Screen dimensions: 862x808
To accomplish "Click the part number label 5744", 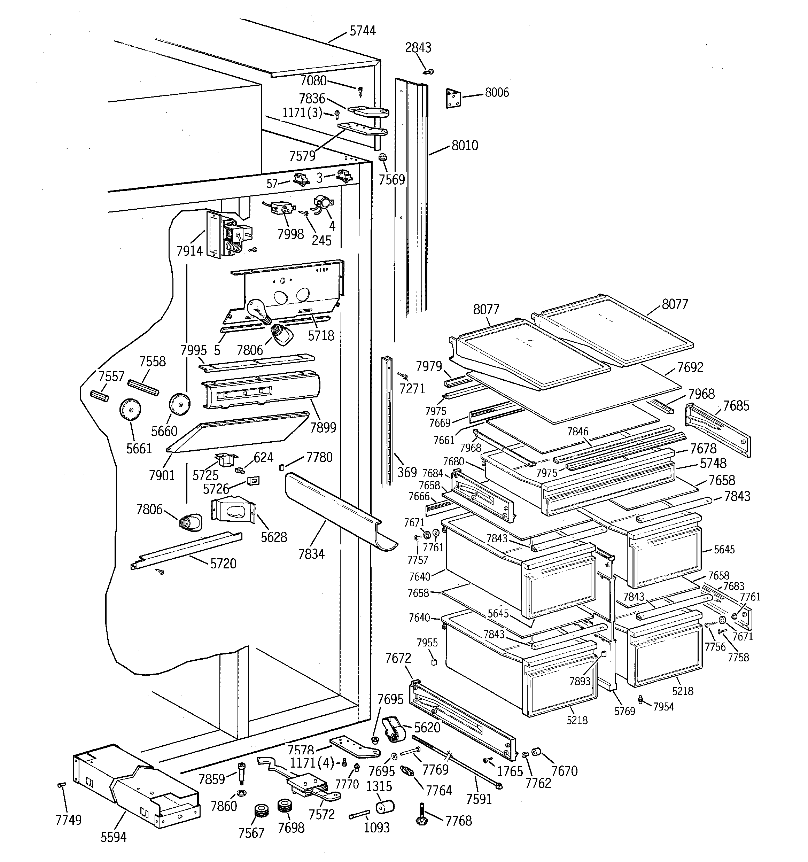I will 362,31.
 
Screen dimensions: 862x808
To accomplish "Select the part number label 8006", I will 497,92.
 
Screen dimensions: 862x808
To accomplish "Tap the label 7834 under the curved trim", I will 311,554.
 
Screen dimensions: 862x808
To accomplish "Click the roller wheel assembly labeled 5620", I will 394,729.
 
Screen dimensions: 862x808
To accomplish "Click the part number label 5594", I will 113,837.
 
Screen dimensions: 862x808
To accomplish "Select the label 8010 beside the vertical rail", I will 465,145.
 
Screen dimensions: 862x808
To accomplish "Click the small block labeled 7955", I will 433,662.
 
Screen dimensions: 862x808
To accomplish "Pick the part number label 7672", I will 398,658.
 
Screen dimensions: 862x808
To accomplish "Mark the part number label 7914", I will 189,251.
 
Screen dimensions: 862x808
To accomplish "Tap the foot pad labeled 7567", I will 261,810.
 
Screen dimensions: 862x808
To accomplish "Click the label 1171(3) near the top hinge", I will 302,113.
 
